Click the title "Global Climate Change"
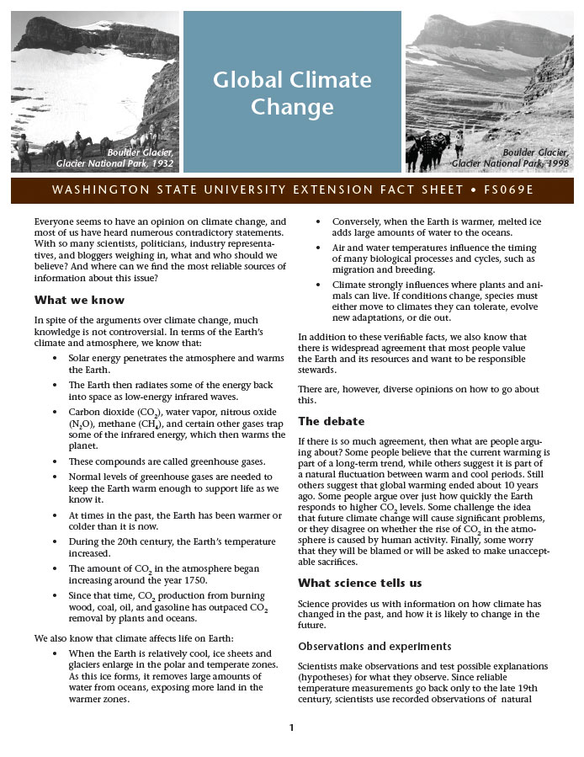pyautogui.click(x=292, y=93)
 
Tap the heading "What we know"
pyautogui.click(x=79, y=301)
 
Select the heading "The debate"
pyautogui.click(x=332, y=421)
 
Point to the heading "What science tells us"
pyautogui.click(x=360, y=583)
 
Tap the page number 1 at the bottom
pyautogui.click(x=291, y=728)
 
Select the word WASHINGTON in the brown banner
pyautogui.click(x=92, y=189)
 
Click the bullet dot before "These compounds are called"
pyautogui.click(x=56, y=462)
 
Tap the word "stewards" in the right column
pyautogui.click(x=317, y=370)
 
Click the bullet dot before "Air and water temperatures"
pyautogui.click(x=320, y=248)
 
